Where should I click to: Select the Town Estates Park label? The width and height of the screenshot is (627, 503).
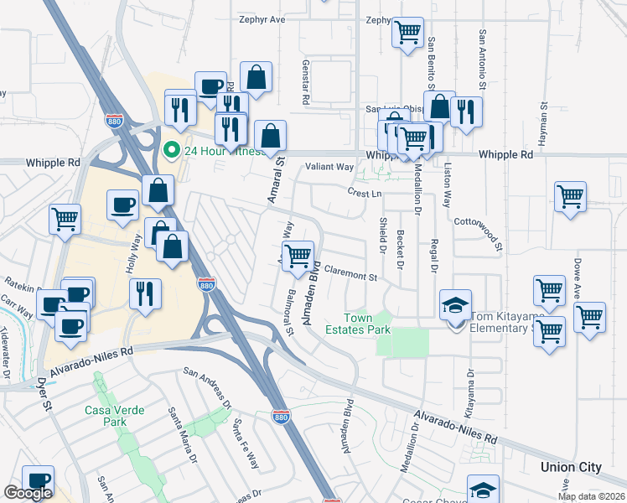(368, 324)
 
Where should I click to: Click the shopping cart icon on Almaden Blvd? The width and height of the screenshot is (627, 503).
(298, 256)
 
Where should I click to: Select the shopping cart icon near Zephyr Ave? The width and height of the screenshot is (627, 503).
(407, 33)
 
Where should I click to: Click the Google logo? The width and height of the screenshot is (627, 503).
(28, 493)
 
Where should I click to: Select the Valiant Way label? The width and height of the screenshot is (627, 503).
(329, 167)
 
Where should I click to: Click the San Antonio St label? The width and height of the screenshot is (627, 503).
(483, 60)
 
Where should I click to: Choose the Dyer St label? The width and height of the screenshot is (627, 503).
(44, 394)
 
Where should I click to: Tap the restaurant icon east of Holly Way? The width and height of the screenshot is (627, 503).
(146, 294)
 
